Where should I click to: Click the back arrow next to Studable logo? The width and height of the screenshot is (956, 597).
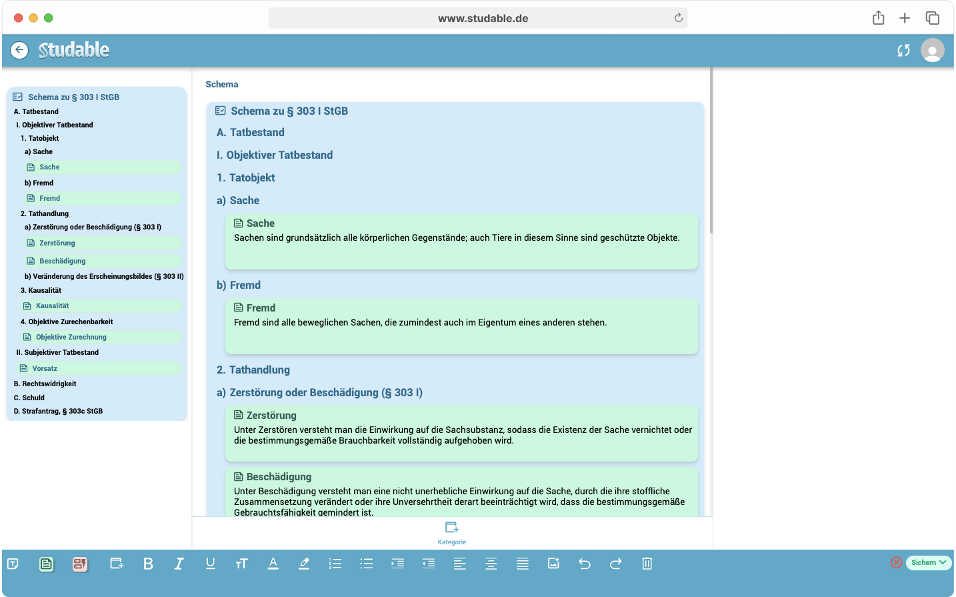point(19,50)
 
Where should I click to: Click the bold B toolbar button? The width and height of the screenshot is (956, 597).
point(148,564)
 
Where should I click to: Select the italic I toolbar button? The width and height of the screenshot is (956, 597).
point(179,564)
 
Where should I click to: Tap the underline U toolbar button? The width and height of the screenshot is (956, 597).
point(210,564)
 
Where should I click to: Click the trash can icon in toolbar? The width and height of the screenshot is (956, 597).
point(647,564)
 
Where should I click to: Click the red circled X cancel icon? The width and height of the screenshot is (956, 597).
point(897,562)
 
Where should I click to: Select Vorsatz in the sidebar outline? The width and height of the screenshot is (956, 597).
point(45,368)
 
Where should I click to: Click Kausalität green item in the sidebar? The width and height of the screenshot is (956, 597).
point(53,306)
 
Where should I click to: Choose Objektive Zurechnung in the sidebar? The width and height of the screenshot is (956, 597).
point(71,337)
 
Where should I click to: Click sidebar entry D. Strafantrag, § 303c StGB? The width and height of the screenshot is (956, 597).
point(59,411)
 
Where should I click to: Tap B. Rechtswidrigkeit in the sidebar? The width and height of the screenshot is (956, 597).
point(45,384)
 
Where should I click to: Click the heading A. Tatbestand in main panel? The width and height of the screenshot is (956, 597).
point(251,132)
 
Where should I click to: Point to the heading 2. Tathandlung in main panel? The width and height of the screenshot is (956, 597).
point(253,370)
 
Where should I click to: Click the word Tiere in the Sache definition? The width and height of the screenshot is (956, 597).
point(501,237)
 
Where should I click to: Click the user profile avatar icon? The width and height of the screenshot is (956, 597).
point(932,50)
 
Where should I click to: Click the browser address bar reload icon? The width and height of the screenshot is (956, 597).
point(679,18)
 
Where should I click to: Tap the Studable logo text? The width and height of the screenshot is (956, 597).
point(74,50)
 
